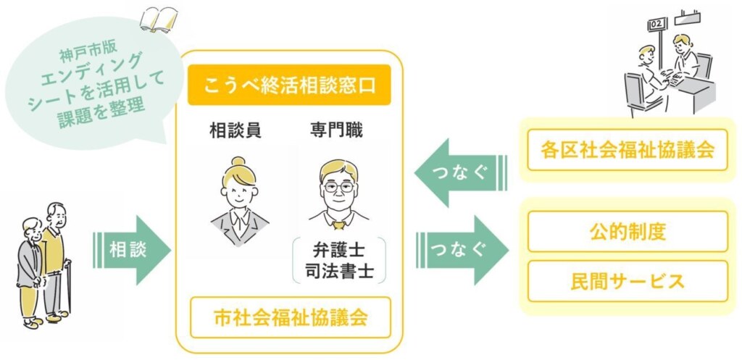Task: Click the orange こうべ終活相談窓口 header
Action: pos(289,85)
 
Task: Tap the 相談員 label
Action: pos(235,130)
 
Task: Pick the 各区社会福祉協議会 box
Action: pos(628,150)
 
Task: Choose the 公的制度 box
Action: pos(628,232)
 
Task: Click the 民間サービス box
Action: pos(628,281)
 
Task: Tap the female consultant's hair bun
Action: pos(238,162)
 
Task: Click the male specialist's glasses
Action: pos(338,186)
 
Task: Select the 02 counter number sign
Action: pos(656,24)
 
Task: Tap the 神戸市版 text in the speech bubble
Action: pos(83,54)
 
